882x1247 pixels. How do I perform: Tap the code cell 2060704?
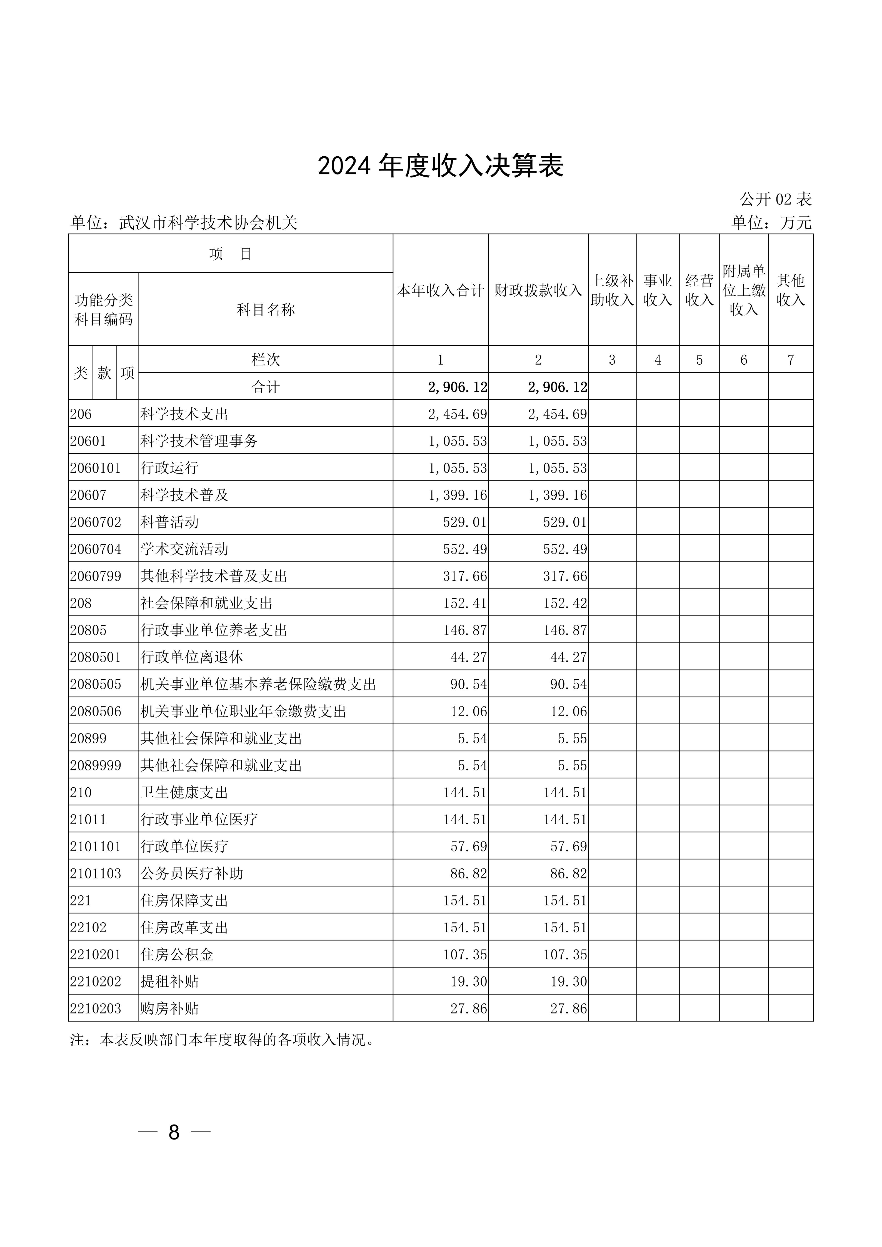click(96, 549)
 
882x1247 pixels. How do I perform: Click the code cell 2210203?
click(96, 1009)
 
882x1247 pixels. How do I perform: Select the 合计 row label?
click(266, 387)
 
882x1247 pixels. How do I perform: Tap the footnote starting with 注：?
click(223, 1040)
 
